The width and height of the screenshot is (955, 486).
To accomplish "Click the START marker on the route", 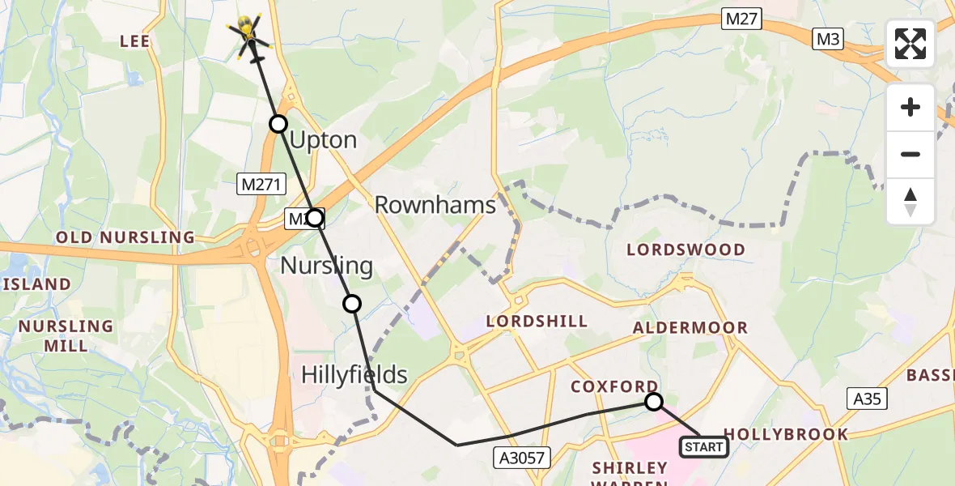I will point(703,447).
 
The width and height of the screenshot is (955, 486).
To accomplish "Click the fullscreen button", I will point(910,44).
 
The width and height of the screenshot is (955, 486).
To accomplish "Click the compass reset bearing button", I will point(910,202).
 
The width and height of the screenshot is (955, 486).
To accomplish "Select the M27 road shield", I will point(741,19).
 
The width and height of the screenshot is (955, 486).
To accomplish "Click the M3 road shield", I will point(829,38).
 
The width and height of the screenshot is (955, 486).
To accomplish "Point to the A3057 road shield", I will point(522,458).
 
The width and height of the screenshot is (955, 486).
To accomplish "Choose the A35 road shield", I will point(867,399).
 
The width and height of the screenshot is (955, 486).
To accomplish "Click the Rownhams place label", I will point(435,205).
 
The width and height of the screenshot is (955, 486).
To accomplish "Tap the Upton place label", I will point(322,140).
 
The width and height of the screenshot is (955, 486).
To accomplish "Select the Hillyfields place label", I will point(354,374).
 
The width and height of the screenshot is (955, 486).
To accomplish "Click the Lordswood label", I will point(687,249).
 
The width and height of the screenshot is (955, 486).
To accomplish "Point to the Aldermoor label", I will point(690,327).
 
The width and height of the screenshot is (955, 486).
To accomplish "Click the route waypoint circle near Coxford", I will point(653,402).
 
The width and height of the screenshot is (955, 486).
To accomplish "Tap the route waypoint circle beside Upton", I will point(278,124).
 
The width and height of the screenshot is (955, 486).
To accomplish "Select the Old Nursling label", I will point(125,237).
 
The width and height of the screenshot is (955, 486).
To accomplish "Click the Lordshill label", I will point(537,321).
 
